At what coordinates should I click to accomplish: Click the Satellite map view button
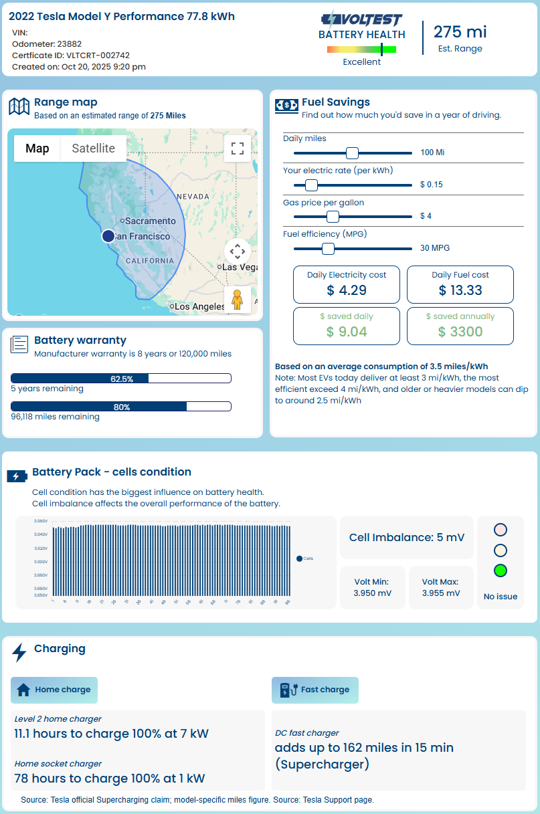pos(93,148)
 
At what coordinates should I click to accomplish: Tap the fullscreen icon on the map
pos(237,148)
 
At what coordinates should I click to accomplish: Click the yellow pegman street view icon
pos(237,300)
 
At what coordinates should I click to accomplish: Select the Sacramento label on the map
pos(150,221)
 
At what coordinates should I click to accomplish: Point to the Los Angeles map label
pos(199,306)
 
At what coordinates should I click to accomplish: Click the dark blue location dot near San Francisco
pos(108,236)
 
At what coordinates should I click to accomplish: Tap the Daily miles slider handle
pos(352,152)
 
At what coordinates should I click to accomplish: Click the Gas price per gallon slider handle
pos(333,216)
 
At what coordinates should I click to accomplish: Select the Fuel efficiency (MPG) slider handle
pos(328,248)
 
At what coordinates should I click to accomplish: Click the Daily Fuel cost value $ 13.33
pos(460,290)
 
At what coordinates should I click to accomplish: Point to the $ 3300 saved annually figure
pos(460,331)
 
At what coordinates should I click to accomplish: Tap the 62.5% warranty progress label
pos(122,379)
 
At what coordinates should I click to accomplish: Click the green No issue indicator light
pos(500,571)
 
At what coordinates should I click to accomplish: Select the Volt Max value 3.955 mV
pos(441,593)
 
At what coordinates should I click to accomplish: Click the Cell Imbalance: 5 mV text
pos(407,537)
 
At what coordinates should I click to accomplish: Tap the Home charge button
pos(54,690)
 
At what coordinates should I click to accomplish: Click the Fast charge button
pos(315,690)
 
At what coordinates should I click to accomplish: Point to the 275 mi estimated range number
pos(460,32)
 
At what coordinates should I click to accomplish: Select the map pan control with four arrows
pos(237,251)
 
